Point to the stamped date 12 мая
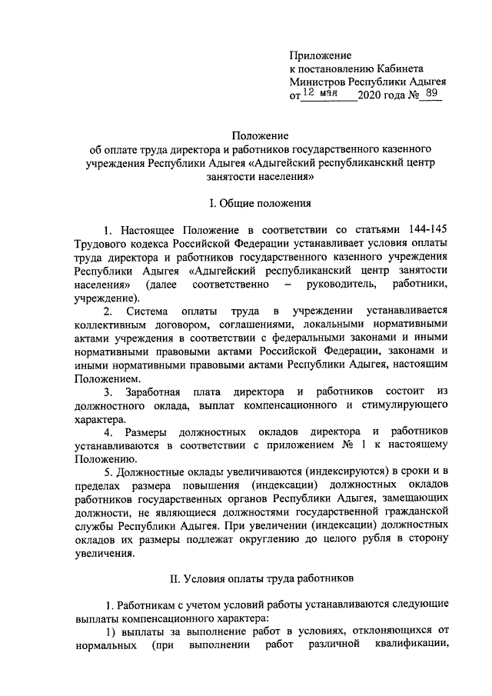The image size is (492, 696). pos(320,94)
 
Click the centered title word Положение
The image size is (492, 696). pos(261,134)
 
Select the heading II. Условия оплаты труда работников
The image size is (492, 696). pos(261,576)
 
